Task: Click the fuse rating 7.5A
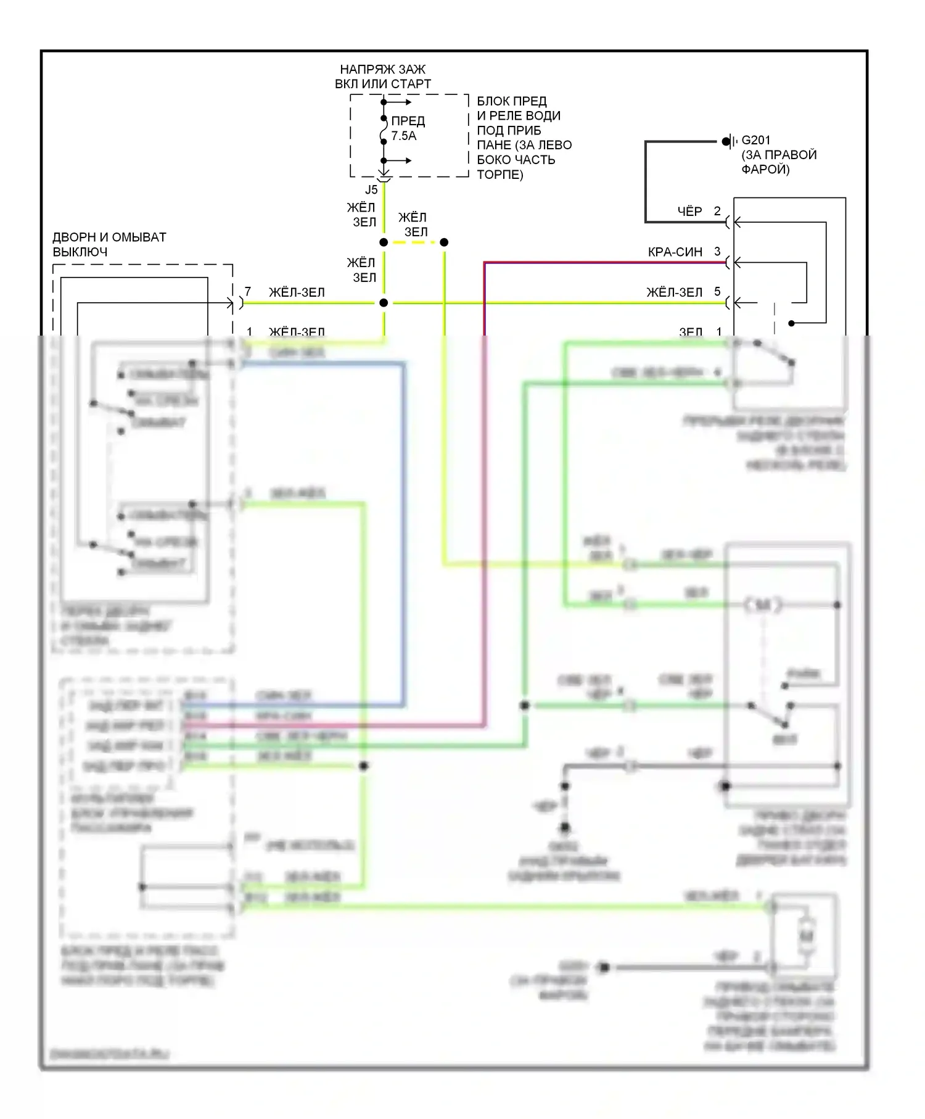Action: [404, 136]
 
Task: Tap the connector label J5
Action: [371, 189]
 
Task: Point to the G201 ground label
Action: [755, 140]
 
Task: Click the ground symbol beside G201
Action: [730, 141]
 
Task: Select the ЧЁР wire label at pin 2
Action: [689, 212]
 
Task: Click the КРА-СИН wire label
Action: [675, 252]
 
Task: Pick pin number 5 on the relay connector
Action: [717, 291]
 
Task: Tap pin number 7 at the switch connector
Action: [248, 292]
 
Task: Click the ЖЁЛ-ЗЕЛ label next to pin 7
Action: [297, 292]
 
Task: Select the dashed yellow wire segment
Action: [413, 242]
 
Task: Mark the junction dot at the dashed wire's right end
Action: [444, 242]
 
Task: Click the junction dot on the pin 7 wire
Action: [384, 303]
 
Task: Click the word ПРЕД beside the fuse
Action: [408, 121]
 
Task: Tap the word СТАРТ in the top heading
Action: [411, 84]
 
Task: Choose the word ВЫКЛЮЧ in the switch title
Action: [80, 252]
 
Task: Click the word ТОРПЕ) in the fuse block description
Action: [499, 175]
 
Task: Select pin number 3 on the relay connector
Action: [717, 251]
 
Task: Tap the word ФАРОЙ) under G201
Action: [765, 169]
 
